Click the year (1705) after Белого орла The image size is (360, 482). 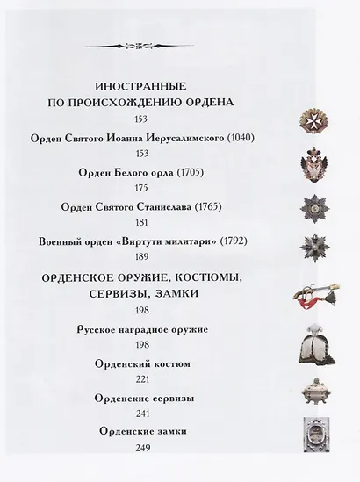[188, 173]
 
